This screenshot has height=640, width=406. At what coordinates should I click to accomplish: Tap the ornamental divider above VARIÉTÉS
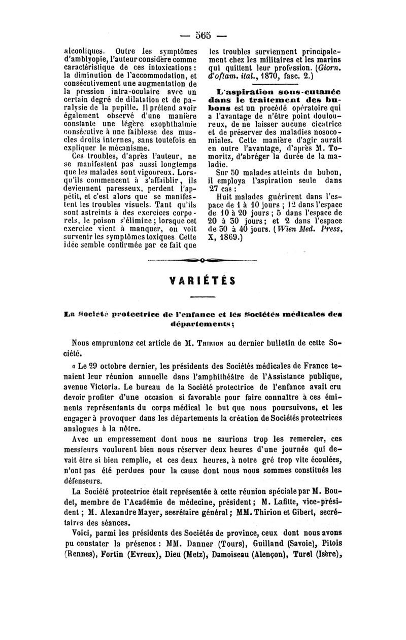point(202,261)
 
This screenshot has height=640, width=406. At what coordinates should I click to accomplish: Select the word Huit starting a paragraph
point(224,195)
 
